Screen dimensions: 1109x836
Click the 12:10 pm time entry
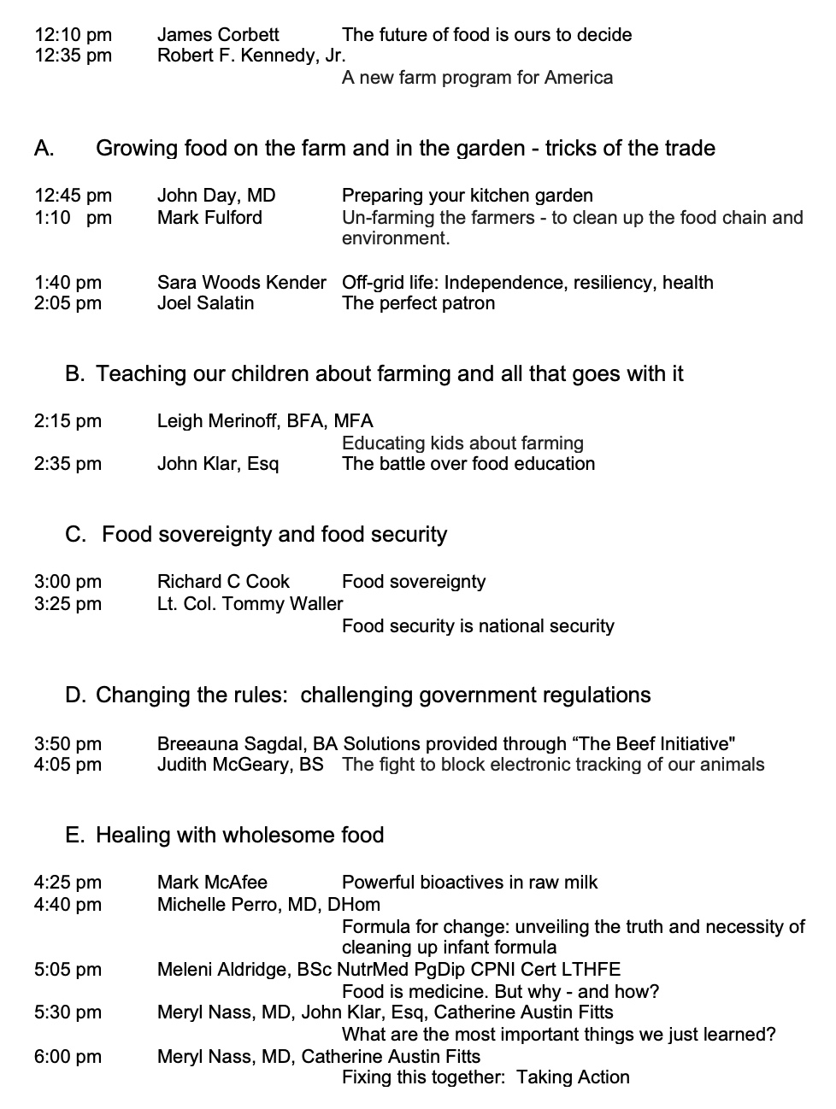[x=73, y=35]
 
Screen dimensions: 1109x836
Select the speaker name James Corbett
[x=218, y=35]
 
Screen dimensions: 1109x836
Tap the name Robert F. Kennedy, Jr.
[x=251, y=56]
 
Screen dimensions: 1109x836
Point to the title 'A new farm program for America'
[x=477, y=78]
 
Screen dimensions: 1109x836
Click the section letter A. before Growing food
[x=44, y=149]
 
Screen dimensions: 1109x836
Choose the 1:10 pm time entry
[x=73, y=218]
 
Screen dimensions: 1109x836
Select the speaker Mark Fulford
[x=209, y=218]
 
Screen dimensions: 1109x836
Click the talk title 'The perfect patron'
[x=418, y=303]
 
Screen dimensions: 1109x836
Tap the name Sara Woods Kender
[x=241, y=283]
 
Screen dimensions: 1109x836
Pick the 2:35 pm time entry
[x=68, y=464]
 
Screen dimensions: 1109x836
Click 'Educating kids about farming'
[x=462, y=443]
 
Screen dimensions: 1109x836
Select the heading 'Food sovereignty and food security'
[x=274, y=535]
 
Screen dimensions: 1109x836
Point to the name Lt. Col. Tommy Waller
[x=250, y=604]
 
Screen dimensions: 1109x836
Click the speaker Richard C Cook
[x=223, y=582]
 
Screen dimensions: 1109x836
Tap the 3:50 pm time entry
[x=68, y=744]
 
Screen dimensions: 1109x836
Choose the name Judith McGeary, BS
[x=240, y=765]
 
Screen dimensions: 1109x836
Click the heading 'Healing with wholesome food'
[x=239, y=835]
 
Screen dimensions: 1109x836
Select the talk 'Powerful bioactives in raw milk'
[x=469, y=883]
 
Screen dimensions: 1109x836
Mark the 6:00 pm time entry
[x=68, y=1057]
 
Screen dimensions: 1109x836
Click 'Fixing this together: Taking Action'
[x=486, y=1077]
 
